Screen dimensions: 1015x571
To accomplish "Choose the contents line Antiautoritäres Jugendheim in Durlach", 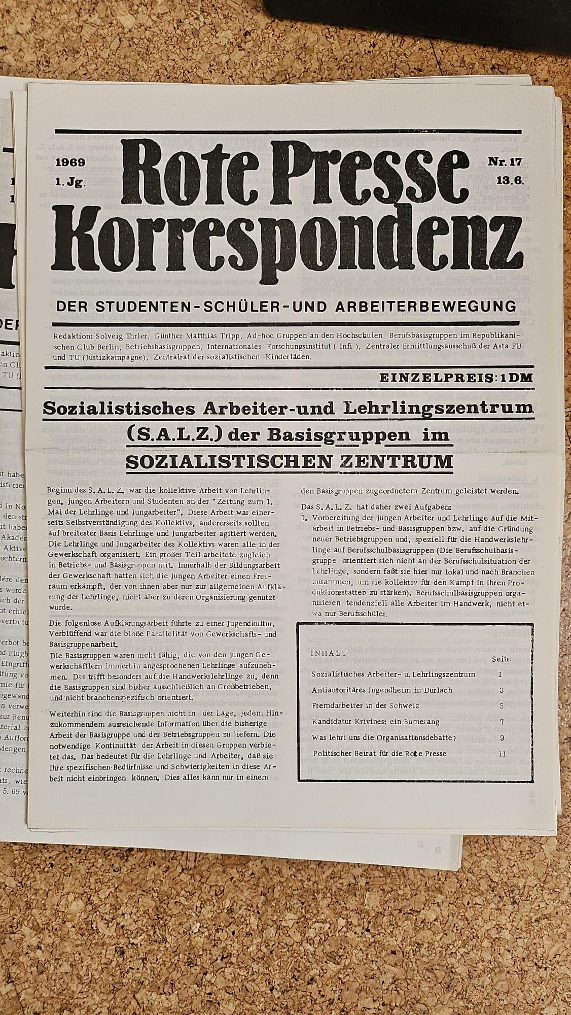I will click(x=382, y=690).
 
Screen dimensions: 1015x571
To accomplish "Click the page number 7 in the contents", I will click(x=500, y=722).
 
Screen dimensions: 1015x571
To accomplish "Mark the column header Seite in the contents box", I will click(x=501, y=659).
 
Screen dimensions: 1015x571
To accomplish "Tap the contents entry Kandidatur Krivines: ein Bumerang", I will click(x=376, y=722).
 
